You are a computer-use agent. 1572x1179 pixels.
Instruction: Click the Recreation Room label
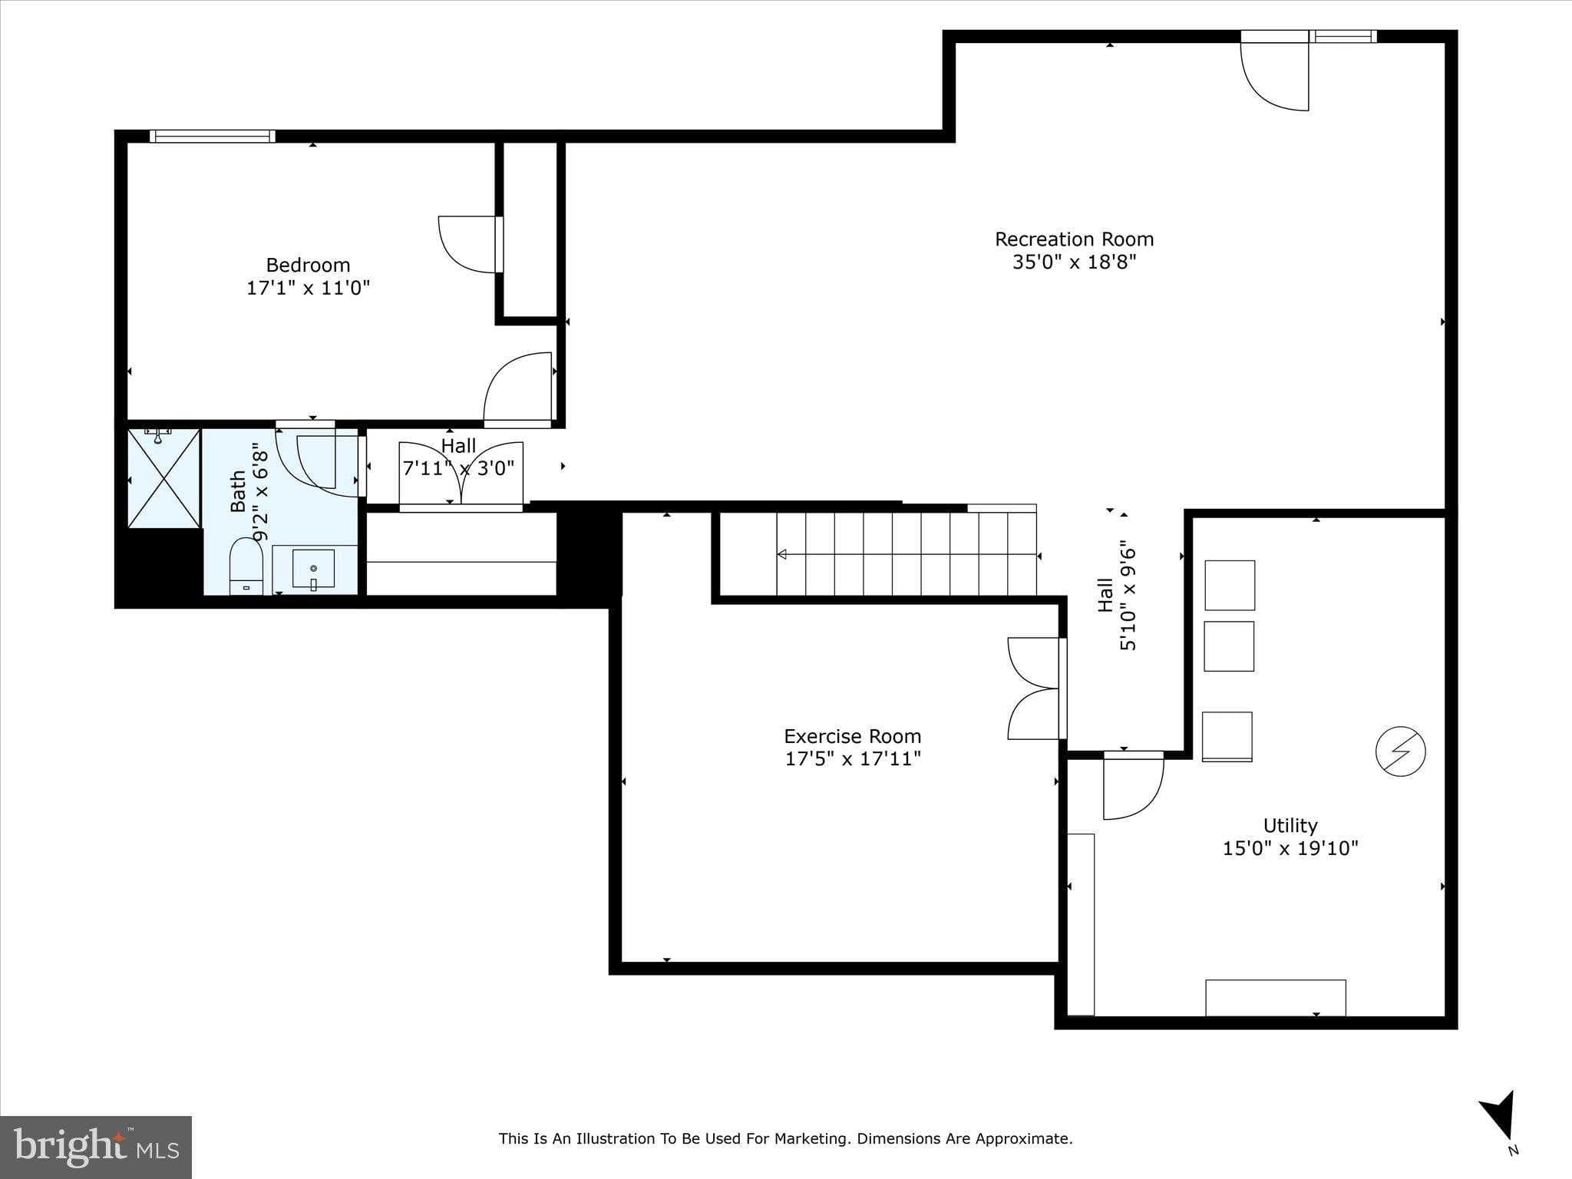[x=1074, y=239]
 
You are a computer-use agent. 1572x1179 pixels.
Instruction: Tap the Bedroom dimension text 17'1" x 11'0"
[x=308, y=289]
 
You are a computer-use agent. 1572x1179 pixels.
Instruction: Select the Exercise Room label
[x=852, y=736]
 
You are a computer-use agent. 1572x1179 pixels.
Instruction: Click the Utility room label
[x=1290, y=826]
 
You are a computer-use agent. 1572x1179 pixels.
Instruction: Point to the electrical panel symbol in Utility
[x=1400, y=751]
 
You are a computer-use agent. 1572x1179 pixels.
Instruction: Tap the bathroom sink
[x=313, y=569]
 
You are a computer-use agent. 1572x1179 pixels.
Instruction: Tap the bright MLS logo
[x=95, y=1147]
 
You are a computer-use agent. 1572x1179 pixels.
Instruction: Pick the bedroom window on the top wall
[x=212, y=137]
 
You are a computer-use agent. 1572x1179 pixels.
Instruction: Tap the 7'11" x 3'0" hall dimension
[x=458, y=467]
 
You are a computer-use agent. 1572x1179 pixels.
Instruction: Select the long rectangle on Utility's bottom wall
[x=1275, y=997]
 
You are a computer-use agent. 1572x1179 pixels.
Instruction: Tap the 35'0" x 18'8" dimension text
[x=1074, y=263]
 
